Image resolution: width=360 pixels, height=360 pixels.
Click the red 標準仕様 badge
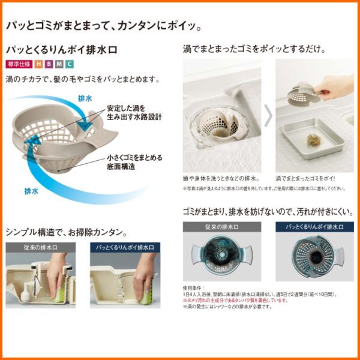tap(18, 64)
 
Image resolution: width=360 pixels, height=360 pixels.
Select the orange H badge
tap(39, 64)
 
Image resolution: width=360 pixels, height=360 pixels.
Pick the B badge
tap(49, 64)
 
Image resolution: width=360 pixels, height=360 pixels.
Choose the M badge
tap(59, 64)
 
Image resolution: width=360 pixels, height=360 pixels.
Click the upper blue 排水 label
tap(85, 97)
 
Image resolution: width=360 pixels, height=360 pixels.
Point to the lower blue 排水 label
tap(31, 192)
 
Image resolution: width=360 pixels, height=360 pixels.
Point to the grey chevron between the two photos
tap(268, 116)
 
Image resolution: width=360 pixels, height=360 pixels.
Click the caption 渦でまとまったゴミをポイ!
tap(305, 178)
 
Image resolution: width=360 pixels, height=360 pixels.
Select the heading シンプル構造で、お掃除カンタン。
tap(66, 232)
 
